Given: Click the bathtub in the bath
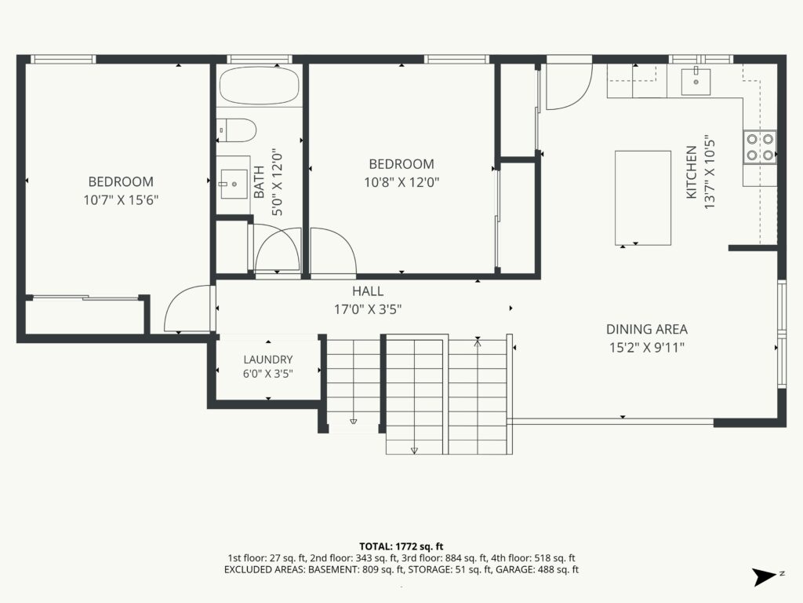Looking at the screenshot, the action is tap(259, 86).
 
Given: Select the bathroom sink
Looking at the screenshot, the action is tap(235, 183).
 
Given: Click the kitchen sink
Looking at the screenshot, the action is tap(696, 81).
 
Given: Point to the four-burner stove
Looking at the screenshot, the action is tap(759, 147).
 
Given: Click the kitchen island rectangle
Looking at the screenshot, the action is tap(643, 197).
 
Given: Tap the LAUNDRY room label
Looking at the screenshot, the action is tap(268, 360).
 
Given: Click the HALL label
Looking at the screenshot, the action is tap(368, 291).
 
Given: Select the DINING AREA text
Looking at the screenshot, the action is tap(647, 329).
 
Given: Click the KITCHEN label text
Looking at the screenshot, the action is tap(692, 172).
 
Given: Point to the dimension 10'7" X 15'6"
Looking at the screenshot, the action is tap(121, 199).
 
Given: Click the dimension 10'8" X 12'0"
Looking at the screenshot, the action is tap(402, 182).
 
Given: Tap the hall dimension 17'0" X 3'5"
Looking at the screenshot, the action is tap(368, 309).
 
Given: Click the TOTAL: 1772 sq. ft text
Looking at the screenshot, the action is tap(401, 546).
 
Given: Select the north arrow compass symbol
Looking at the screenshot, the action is tap(765, 577).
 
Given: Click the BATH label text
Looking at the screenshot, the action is tap(259, 182).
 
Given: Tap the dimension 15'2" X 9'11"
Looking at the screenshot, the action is tap(647, 348).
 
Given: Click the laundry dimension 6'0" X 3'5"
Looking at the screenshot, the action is tap(268, 373).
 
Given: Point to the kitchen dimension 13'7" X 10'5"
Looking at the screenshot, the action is tap(709, 172).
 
